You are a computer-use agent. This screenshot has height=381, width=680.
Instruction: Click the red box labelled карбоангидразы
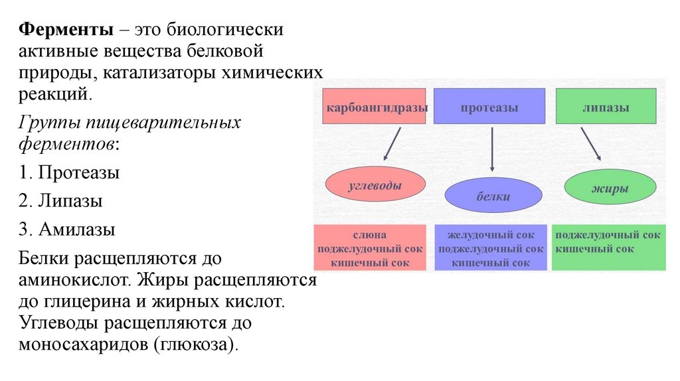[375, 107]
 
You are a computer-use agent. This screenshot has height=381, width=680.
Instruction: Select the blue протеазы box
[489, 107]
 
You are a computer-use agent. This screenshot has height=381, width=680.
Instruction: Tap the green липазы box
[606, 107]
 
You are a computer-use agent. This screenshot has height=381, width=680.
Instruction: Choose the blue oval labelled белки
[493, 196]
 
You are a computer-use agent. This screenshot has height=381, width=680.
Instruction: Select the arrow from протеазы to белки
[492, 150]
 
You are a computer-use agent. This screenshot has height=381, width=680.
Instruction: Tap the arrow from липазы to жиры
[590, 143]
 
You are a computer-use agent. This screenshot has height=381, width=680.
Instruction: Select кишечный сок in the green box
[594, 249]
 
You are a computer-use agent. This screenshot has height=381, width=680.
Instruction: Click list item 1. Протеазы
[69, 173]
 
